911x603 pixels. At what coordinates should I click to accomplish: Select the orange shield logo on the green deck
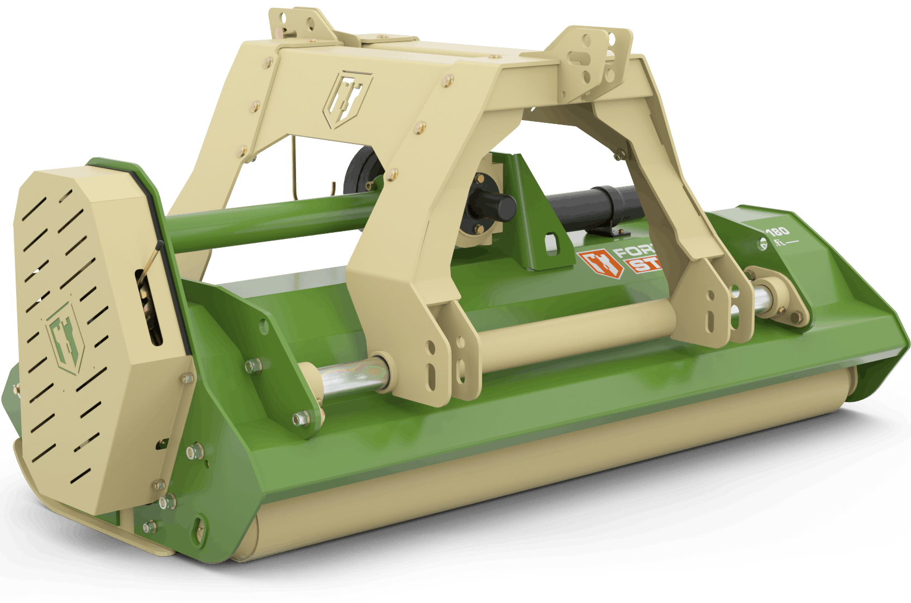pyautogui.click(x=595, y=264)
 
